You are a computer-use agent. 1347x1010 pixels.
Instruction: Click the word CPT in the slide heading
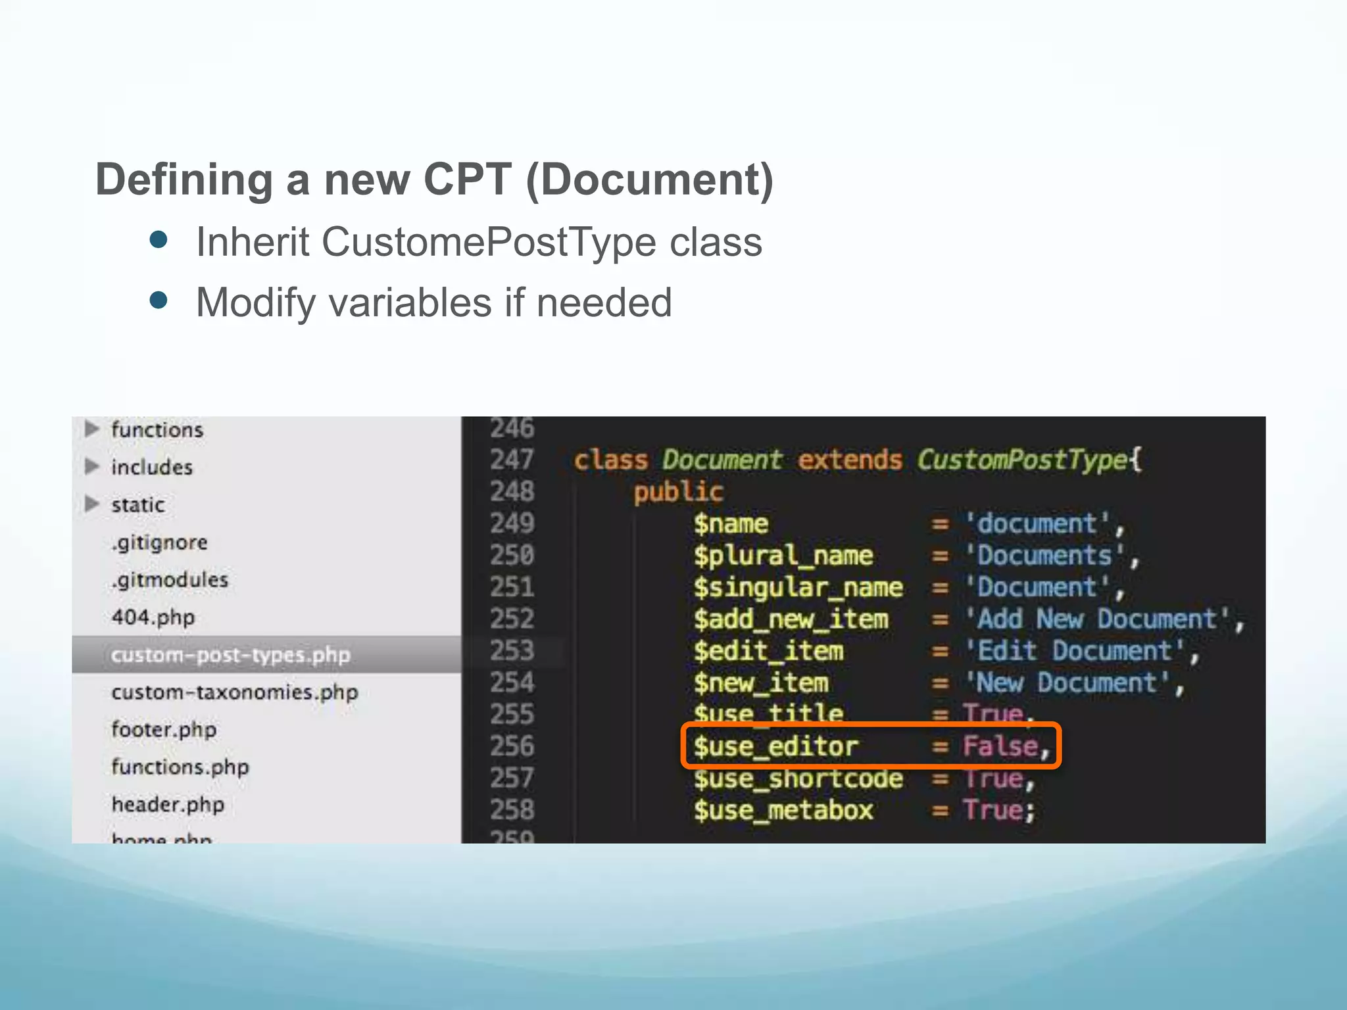(467, 179)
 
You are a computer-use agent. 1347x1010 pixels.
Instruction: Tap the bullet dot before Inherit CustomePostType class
(159, 239)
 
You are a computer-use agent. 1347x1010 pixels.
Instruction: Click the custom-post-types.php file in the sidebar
(230, 655)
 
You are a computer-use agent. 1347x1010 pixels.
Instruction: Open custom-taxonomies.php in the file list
(235, 692)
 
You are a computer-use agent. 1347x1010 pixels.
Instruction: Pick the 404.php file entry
(153, 617)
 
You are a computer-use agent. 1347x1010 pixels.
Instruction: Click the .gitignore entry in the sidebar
(159, 542)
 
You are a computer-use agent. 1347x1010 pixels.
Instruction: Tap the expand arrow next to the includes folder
(92, 467)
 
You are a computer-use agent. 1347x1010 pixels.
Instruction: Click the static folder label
(138, 505)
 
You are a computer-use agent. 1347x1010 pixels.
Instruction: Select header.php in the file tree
(168, 804)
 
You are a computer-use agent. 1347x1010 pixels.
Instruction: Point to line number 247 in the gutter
(512, 460)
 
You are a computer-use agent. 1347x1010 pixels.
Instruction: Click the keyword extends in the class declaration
(849, 460)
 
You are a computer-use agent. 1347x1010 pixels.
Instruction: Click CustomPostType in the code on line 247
(1023, 460)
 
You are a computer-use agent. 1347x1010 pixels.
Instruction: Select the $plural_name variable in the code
(783, 556)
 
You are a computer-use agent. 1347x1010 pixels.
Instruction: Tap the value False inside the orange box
(1000, 746)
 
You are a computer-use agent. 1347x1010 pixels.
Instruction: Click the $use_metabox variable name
(783, 810)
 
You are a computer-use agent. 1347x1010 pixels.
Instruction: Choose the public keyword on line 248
(678, 492)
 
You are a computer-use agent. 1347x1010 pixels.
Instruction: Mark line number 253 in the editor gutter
(512, 651)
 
